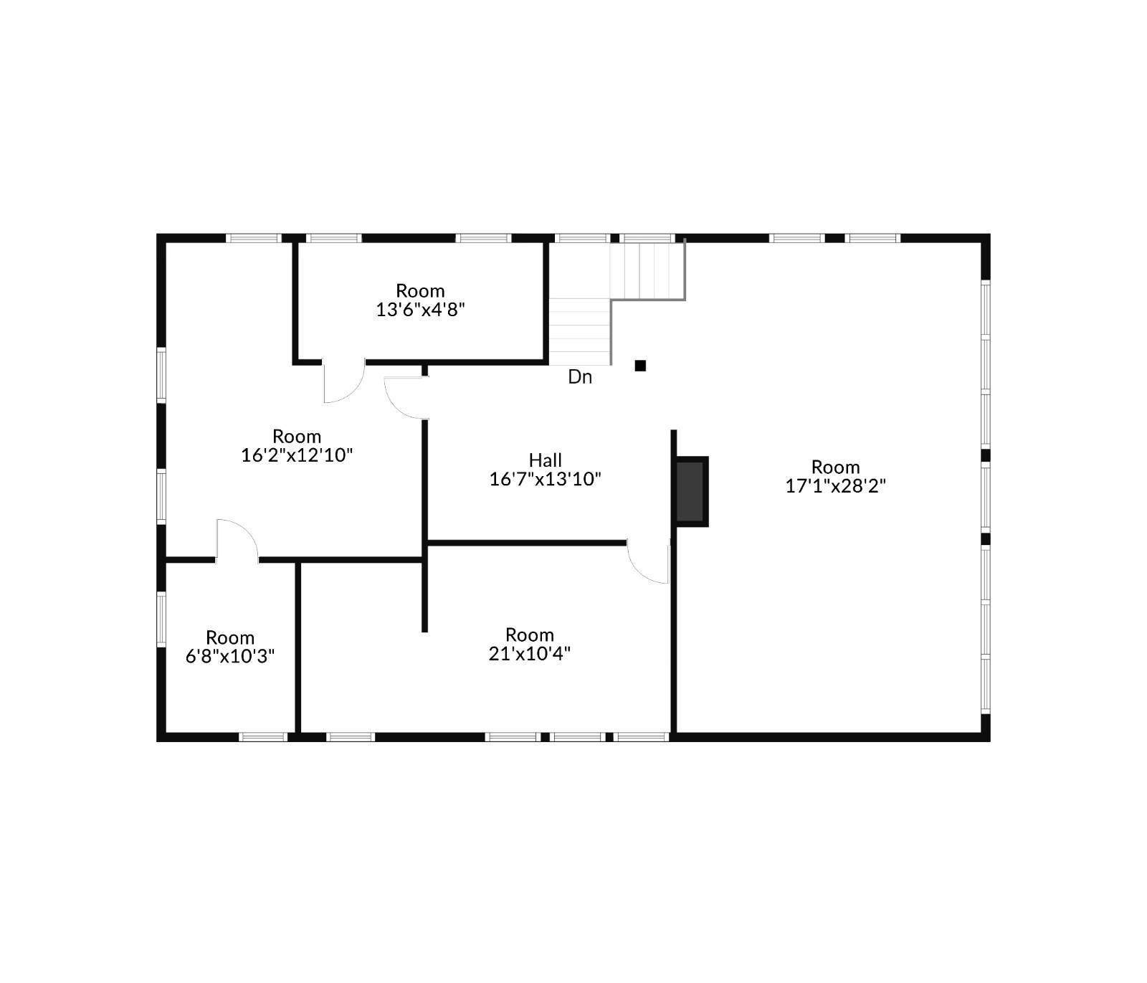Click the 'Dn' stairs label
click(580, 377)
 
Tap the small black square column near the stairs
click(640, 366)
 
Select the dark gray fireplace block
click(691, 492)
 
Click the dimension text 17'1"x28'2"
click(835, 486)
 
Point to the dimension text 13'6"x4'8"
click(421, 310)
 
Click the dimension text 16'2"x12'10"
click(297, 455)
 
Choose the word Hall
click(545, 460)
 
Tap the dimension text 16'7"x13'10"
click(545, 479)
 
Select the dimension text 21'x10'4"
click(529, 654)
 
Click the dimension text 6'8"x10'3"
click(230, 656)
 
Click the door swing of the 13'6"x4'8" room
click(343, 384)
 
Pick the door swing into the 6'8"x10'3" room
click(237, 538)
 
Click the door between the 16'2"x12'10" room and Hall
click(405, 398)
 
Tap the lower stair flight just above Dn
click(579, 332)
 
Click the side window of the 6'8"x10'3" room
click(161, 619)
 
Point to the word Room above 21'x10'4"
click(529, 635)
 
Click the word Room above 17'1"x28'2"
click(835, 467)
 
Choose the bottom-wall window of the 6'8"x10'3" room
click(262, 736)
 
